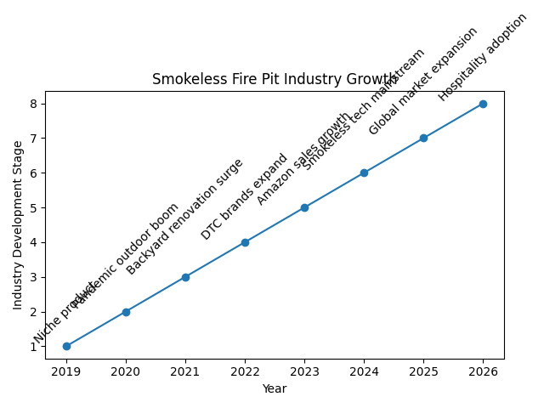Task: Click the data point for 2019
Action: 66,346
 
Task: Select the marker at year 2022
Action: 245,242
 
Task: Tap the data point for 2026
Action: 483,104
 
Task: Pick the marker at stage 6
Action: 364,173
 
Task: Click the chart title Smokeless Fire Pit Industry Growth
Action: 274,80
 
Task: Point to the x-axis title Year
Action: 274,388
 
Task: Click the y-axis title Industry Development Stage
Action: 18,225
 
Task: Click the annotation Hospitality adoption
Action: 483,57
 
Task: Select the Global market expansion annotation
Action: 423,81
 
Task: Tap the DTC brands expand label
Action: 245,196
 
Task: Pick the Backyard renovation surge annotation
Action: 184,217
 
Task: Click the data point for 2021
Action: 185,277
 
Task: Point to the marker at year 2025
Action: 423,138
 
